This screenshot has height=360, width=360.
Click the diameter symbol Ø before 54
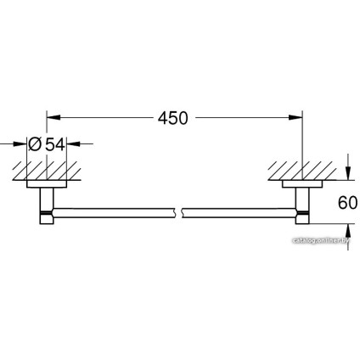pyautogui.click(x=35, y=144)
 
